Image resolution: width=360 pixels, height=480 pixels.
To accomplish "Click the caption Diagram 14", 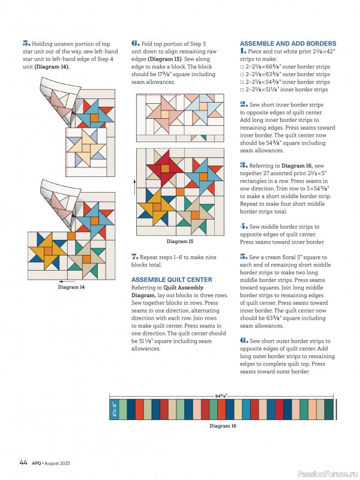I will [71, 287].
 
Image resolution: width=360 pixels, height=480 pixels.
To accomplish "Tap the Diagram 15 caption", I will [179, 241].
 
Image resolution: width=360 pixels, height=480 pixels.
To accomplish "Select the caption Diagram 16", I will [223, 425].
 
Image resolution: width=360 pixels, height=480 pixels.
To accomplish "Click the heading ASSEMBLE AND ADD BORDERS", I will [287, 44].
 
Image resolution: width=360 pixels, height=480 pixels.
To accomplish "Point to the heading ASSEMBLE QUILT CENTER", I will [171, 280].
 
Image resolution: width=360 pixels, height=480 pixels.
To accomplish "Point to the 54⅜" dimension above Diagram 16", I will [222, 396].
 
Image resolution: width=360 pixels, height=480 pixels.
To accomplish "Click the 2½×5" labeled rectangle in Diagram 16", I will [115, 409].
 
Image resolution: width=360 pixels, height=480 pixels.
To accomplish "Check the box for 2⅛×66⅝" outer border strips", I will [242, 67].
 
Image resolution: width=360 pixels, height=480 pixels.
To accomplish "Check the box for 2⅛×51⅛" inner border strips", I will [242, 89].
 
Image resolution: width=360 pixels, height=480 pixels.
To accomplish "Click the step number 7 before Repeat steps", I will [134, 257].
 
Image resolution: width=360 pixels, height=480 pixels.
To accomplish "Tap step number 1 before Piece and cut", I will [242, 52].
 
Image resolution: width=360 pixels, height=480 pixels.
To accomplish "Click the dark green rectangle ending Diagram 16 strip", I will [329, 409].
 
